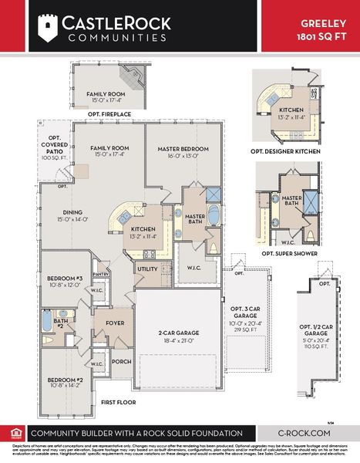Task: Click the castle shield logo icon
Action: click(x=48, y=29)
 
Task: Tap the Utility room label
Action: click(x=146, y=269)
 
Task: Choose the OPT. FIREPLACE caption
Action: click(x=109, y=114)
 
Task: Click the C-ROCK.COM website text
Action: click(x=304, y=434)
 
